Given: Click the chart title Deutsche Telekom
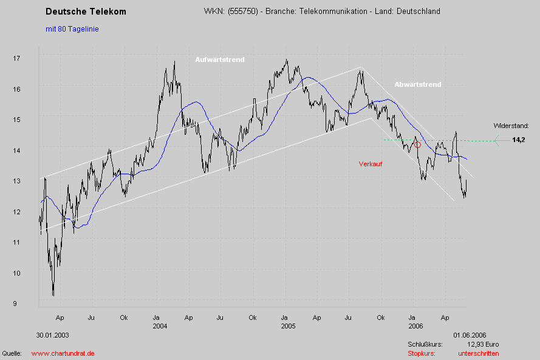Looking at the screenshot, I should click(x=86, y=12).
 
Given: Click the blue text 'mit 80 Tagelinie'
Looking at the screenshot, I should click(x=72, y=29).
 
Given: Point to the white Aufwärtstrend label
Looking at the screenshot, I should click(x=219, y=59).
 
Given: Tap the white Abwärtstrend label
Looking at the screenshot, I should click(x=417, y=84).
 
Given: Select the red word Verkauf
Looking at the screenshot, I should click(x=370, y=165).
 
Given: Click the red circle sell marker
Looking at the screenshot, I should click(x=417, y=144).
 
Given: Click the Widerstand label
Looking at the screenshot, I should click(x=511, y=126).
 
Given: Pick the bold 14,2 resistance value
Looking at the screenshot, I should click(x=518, y=140).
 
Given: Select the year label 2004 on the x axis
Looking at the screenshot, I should click(x=160, y=326).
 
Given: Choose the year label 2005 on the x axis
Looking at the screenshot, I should click(x=288, y=326).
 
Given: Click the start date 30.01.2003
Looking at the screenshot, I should click(x=53, y=335).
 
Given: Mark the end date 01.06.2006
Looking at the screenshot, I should click(x=469, y=335).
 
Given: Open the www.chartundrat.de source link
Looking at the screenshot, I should click(x=63, y=353).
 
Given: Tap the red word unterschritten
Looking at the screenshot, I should click(x=478, y=353).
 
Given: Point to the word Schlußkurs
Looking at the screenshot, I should click(x=425, y=344).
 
